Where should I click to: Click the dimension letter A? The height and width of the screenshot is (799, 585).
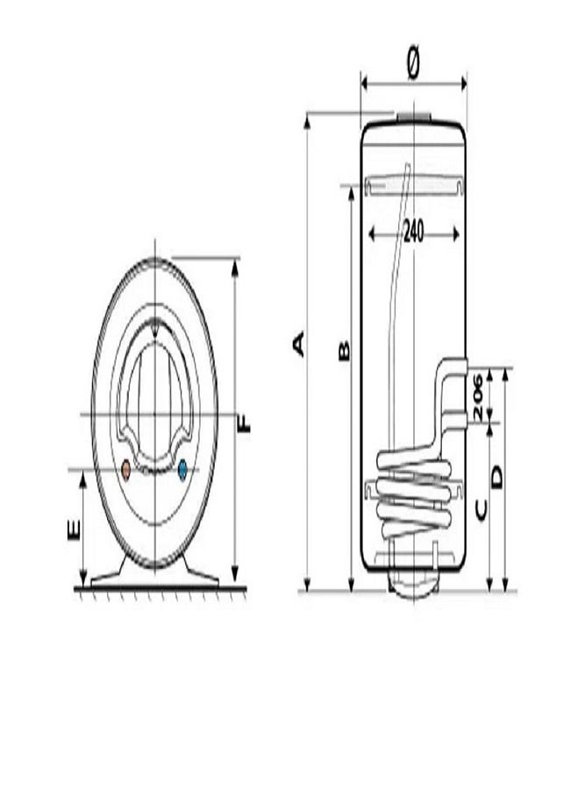[x=299, y=343]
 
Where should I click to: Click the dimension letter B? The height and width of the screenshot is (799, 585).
[x=344, y=350]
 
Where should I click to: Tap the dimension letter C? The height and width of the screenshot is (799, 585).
[x=481, y=509]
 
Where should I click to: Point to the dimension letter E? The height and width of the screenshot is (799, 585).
[x=75, y=529]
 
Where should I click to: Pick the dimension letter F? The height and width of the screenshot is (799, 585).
[x=245, y=423]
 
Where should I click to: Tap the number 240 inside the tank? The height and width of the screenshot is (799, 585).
[x=413, y=233]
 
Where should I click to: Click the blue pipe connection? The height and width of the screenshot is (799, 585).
[x=182, y=470]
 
